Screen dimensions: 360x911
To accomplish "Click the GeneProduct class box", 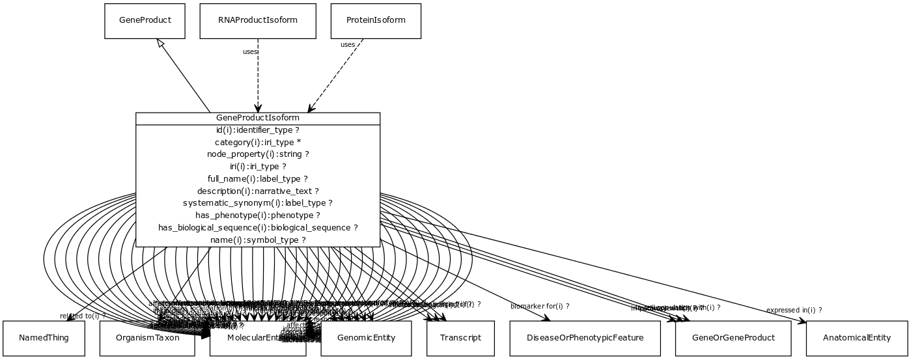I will (145, 21).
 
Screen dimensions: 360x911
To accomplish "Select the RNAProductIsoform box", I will (258, 21).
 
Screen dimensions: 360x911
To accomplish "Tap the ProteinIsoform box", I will (376, 21).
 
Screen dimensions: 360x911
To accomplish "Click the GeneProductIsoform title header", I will (258, 118).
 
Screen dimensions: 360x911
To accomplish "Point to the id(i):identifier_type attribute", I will (258, 130).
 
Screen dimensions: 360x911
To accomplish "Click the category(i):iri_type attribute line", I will (258, 143).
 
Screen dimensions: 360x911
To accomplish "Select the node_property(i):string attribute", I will (258, 154).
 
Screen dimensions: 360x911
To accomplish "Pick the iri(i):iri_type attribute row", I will (258, 167).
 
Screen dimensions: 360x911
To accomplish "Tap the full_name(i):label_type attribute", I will (258, 179).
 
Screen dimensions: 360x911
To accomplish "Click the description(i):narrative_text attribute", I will (258, 191).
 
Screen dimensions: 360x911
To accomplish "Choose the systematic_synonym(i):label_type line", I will (258, 203).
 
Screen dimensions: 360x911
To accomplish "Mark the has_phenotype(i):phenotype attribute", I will (258, 215).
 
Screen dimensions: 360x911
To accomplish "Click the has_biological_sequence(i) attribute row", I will (258, 228).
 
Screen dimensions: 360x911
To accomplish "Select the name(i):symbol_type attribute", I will (258, 240).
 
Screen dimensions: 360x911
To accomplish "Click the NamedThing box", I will (44, 338).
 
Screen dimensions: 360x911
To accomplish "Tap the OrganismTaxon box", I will (147, 339).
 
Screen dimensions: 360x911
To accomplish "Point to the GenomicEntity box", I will (366, 338).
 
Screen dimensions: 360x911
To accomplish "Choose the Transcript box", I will (460, 338).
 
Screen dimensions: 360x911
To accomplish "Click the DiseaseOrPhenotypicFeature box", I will (585, 338).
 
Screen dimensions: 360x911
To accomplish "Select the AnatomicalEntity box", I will (856, 338).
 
